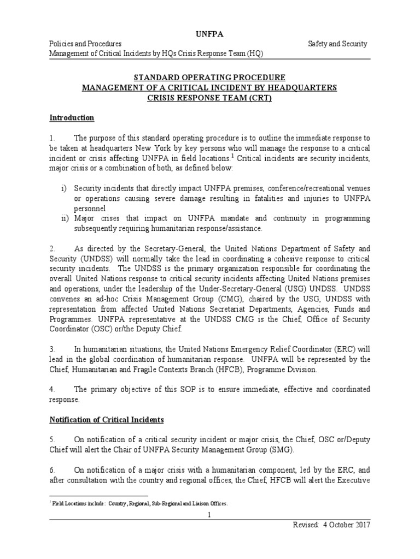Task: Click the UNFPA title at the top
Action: pos(209,34)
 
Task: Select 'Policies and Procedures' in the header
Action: pos(85,44)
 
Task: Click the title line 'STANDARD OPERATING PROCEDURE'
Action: pos(209,78)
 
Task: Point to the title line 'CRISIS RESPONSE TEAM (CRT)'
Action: pos(209,98)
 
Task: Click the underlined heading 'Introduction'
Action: pos(72,118)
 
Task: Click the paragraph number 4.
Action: pos(52,389)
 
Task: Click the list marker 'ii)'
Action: pos(64,218)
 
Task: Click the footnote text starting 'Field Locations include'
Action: pos(137,504)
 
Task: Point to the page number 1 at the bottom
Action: pos(209,515)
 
